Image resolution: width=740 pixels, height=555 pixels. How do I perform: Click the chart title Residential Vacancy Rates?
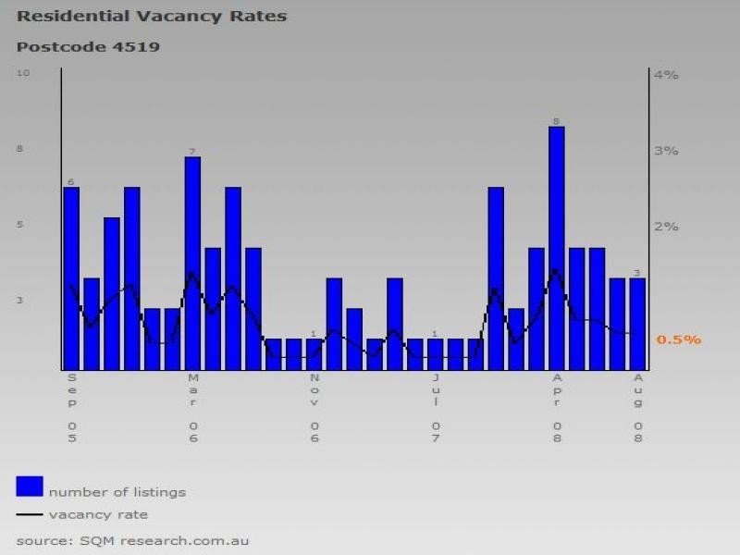(152, 17)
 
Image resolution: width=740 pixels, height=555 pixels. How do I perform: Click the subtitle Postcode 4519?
(88, 46)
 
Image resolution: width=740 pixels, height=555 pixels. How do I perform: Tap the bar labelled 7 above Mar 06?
(192, 264)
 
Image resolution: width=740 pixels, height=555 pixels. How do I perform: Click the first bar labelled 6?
(71, 277)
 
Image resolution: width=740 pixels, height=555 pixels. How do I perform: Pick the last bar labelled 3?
(637, 323)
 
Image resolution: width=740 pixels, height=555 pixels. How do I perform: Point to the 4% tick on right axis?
(666, 75)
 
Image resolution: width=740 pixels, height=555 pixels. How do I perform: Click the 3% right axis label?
(666, 151)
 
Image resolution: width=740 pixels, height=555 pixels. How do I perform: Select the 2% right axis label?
(666, 227)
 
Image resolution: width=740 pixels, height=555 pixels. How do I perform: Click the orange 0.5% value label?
(679, 340)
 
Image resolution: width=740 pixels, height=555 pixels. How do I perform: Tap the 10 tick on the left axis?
(23, 73)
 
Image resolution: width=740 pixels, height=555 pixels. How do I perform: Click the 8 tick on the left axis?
(21, 149)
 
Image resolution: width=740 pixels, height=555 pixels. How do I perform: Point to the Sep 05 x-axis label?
(71, 408)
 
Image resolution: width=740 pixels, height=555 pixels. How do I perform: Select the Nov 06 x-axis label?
(314, 408)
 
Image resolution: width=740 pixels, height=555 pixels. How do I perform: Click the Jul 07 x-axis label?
(435, 408)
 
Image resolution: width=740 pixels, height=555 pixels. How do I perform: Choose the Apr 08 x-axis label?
(556, 408)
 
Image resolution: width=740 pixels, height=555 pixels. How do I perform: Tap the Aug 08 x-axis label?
(637, 408)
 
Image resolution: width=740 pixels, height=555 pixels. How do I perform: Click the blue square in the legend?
(30, 487)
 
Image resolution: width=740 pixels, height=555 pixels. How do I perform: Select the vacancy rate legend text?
(98, 514)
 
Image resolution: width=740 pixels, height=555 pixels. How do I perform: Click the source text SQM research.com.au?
(132, 540)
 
